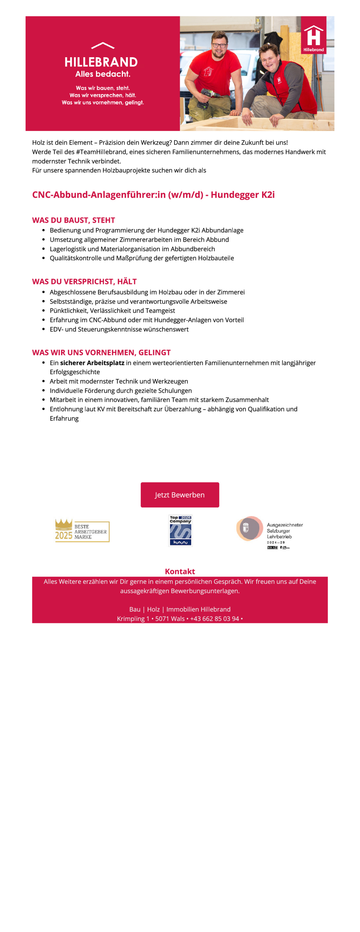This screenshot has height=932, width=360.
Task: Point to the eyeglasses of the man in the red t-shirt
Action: tap(219, 45)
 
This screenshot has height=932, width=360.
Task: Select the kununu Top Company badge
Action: tap(180, 530)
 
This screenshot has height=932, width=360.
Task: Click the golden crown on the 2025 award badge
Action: tap(63, 524)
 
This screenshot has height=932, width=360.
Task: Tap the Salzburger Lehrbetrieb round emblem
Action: tap(249, 528)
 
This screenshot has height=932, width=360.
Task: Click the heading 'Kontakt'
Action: tap(180, 571)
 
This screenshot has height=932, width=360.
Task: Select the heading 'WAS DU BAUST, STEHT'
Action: tap(73, 220)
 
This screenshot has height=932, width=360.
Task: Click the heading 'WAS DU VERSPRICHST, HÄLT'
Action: tap(84, 281)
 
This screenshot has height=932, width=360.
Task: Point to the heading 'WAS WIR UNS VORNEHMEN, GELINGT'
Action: tap(101, 352)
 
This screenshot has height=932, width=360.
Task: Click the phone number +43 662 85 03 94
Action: tap(214, 619)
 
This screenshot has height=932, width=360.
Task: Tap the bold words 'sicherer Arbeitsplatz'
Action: tap(92, 363)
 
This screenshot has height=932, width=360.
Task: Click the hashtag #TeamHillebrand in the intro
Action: tap(101, 152)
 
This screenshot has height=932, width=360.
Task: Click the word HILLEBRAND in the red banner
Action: tap(101, 62)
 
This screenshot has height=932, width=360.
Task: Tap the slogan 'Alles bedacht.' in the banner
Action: tap(103, 74)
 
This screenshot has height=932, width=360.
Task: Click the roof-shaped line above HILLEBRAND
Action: tap(103, 46)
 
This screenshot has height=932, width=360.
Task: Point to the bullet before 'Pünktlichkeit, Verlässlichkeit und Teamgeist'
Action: tap(43, 311)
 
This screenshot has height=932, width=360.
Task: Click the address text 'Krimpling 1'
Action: tap(133, 619)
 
